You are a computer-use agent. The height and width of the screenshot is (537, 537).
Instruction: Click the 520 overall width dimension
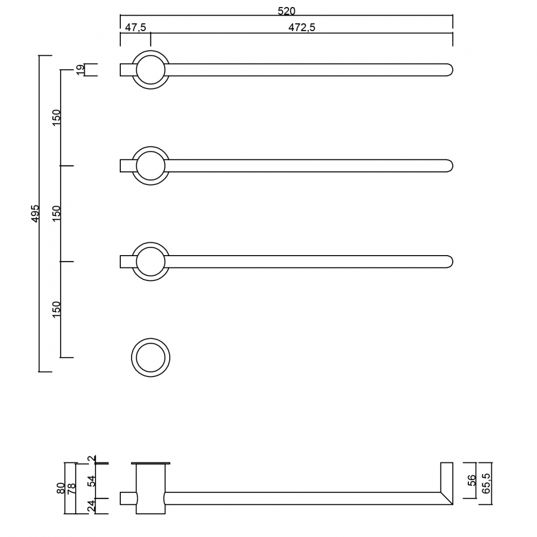tap(286, 11)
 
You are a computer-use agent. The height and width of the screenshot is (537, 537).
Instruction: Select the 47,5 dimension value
tap(135, 27)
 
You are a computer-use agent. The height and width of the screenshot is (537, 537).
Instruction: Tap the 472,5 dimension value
tap(302, 27)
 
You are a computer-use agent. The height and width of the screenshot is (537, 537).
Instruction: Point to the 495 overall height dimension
tap(35, 213)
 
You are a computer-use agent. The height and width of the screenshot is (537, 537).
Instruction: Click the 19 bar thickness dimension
tap(80, 69)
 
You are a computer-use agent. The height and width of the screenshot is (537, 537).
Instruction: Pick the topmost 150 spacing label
tap(56, 118)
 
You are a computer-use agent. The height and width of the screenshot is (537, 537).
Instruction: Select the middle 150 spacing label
tap(56, 213)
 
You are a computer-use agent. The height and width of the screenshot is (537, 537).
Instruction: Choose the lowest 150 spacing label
tap(56, 309)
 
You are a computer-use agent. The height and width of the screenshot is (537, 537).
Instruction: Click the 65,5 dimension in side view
tap(486, 483)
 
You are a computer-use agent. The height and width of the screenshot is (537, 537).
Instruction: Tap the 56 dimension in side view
tap(471, 480)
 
